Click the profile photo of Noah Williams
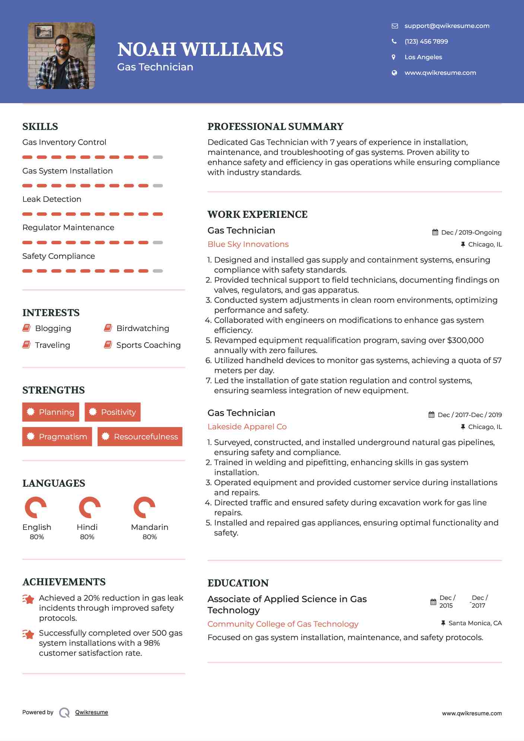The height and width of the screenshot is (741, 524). click(61, 56)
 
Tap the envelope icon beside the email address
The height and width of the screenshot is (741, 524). click(395, 26)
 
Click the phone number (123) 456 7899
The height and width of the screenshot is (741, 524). click(426, 42)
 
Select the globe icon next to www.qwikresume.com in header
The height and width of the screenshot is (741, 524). click(394, 73)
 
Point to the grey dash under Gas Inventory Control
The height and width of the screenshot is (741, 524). click(158, 157)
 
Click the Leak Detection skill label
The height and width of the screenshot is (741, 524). click(52, 199)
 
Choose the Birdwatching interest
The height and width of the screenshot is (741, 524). click(143, 328)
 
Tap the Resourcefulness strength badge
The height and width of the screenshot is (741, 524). click(140, 437)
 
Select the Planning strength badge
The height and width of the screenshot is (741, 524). click(51, 412)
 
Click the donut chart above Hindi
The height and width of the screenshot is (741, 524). click(89, 507)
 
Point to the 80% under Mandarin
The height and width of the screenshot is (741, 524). click(149, 537)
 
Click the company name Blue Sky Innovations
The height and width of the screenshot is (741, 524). click(248, 244)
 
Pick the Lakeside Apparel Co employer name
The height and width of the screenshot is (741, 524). click(247, 427)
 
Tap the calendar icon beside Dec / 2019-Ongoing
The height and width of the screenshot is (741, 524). click(435, 232)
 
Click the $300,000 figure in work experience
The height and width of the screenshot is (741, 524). click(465, 340)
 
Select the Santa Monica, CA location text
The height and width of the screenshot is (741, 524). click(475, 623)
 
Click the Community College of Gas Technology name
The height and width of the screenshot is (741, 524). click(283, 624)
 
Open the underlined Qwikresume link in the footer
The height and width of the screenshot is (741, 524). click(92, 712)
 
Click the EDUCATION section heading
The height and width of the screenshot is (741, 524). click(238, 583)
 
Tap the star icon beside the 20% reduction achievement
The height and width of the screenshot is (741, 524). click(28, 600)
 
